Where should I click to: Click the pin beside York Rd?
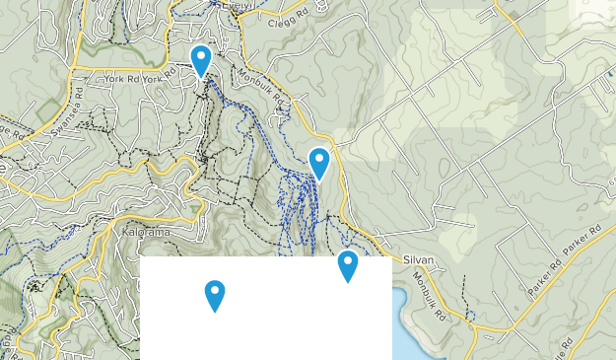[x=201, y=60]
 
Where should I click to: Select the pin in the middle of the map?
[x=318, y=162]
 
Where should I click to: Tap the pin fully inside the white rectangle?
[x=214, y=294]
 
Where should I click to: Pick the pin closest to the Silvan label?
[x=347, y=264]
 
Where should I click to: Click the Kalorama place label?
[x=149, y=233]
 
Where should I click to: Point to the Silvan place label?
[x=419, y=260]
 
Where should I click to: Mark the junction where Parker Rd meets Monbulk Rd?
[x=513, y=324]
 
